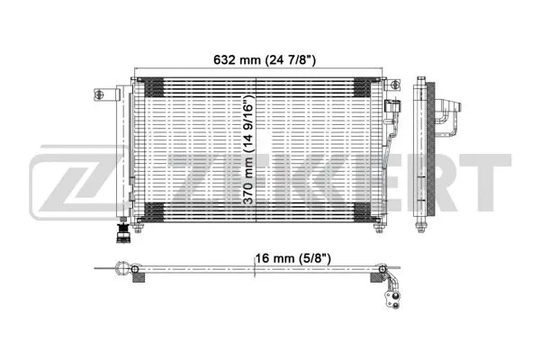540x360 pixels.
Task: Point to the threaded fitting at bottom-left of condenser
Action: coord(117,236)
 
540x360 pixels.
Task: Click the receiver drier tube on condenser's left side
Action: coord(127,153)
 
